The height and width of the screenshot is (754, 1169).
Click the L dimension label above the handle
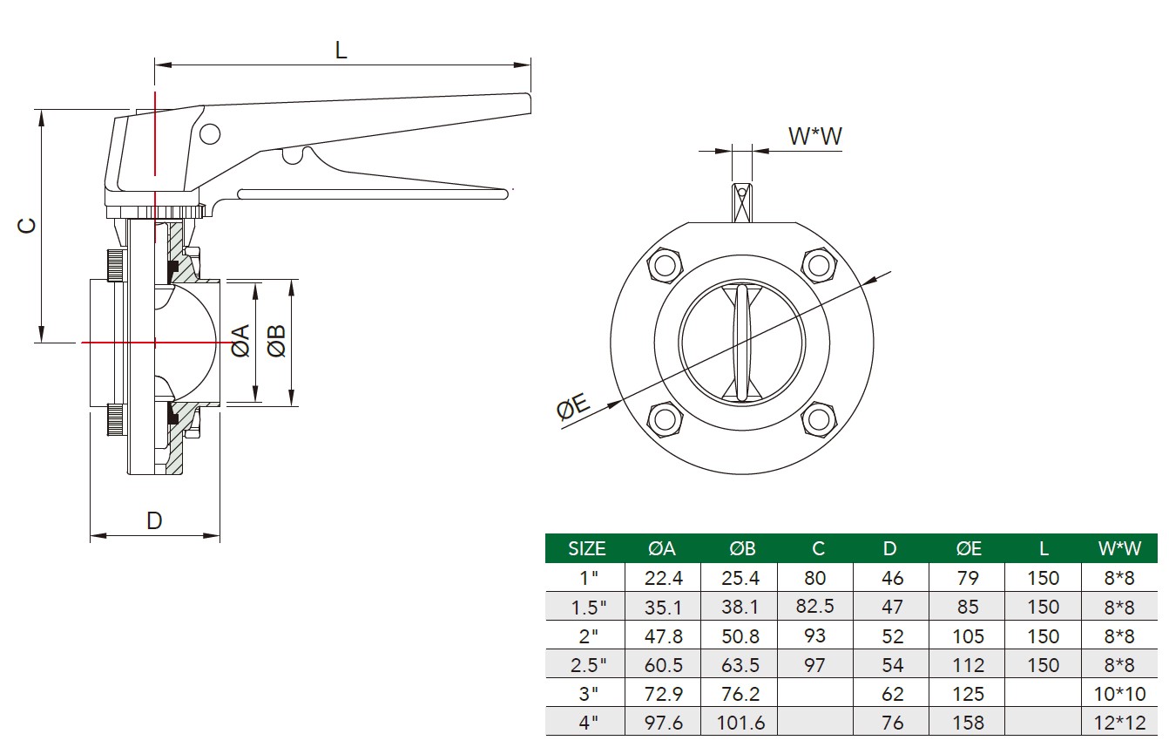pyautogui.click(x=341, y=51)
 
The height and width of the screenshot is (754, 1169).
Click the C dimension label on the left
pyautogui.click(x=27, y=226)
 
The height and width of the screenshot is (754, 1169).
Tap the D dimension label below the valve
pyautogui.click(x=154, y=520)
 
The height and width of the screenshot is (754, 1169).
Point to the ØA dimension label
pyautogui.click(x=241, y=341)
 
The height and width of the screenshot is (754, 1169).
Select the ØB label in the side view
pyautogui.click(x=277, y=341)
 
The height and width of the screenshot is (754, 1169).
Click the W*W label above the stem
pyautogui.click(x=814, y=136)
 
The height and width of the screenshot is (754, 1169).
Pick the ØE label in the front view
pyautogui.click(x=573, y=405)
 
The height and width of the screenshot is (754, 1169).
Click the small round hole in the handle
pyautogui.click(x=210, y=134)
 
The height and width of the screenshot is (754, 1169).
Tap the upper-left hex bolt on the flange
pyautogui.click(x=665, y=266)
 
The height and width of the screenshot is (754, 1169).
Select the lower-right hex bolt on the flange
pyautogui.click(x=819, y=420)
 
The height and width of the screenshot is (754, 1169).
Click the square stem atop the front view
pyautogui.click(x=742, y=202)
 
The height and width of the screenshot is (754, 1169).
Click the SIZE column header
pyautogui.click(x=586, y=549)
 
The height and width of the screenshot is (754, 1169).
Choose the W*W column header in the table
pyautogui.click(x=1119, y=548)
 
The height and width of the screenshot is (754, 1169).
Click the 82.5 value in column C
pyautogui.click(x=814, y=606)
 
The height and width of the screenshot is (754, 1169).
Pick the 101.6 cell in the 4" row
pyautogui.click(x=740, y=723)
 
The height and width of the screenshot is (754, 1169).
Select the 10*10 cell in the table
pyautogui.click(x=1119, y=694)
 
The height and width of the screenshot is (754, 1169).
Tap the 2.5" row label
pyautogui.click(x=588, y=665)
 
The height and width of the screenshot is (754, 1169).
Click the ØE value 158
pyautogui.click(x=968, y=723)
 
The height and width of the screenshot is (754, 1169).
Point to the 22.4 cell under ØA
pyautogui.click(x=663, y=578)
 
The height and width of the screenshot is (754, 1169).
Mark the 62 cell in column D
pyautogui.click(x=892, y=694)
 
